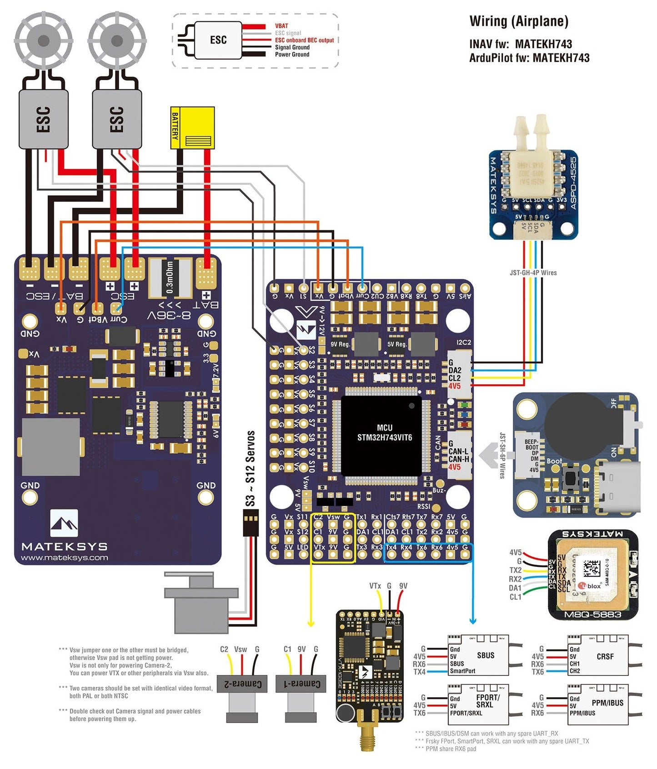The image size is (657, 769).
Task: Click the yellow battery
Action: coord(192,128)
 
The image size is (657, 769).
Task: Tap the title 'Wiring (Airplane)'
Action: coord(519,21)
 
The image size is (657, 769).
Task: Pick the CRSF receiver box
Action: coord(598,655)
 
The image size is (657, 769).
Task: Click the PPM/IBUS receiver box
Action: coord(598,705)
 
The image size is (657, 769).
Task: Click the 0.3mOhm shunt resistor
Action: coord(170,277)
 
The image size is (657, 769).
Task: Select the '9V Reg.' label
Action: coord(340,344)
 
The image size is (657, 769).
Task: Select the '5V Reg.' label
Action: coord(396,344)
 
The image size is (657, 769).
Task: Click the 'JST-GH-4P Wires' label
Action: coord(533,273)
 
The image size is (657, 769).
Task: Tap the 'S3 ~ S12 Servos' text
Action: coord(250,468)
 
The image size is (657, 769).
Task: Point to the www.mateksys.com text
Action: coord(65,558)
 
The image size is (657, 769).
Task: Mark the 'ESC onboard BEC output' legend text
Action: coord(304,40)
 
